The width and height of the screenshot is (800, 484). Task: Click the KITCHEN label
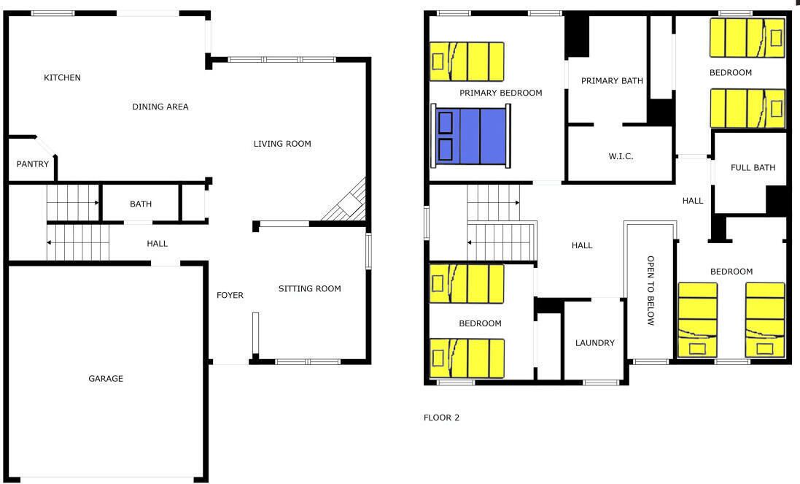coord(62,77)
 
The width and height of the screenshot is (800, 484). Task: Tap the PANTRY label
coord(33,164)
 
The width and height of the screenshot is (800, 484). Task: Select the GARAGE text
coord(106,378)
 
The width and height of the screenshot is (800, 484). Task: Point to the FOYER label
coord(230,295)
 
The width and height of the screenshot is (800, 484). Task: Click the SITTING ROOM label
coord(310,288)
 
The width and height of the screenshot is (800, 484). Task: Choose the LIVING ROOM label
coord(282,144)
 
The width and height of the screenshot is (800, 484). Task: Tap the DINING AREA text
coord(160,107)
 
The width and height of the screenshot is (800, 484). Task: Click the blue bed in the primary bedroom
coord(470,136)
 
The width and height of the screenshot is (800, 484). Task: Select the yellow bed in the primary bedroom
coord(467,61)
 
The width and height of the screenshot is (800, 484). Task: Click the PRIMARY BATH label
coord(613,80)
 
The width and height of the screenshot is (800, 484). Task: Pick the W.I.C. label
coord(621,156)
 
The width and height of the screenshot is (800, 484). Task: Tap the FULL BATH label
coord(753,167)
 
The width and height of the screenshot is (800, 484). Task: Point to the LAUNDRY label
coord(595,343)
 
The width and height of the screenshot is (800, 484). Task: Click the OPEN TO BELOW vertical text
coord(651,291)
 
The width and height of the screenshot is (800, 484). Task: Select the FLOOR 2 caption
coord(441,418)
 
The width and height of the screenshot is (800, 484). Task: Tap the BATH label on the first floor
coord(141,204)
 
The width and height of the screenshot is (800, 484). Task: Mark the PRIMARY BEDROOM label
coord(501,93)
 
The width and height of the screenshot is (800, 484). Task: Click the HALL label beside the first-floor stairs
coord(157,244)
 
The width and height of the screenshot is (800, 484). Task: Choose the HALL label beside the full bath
coord(693,201)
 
